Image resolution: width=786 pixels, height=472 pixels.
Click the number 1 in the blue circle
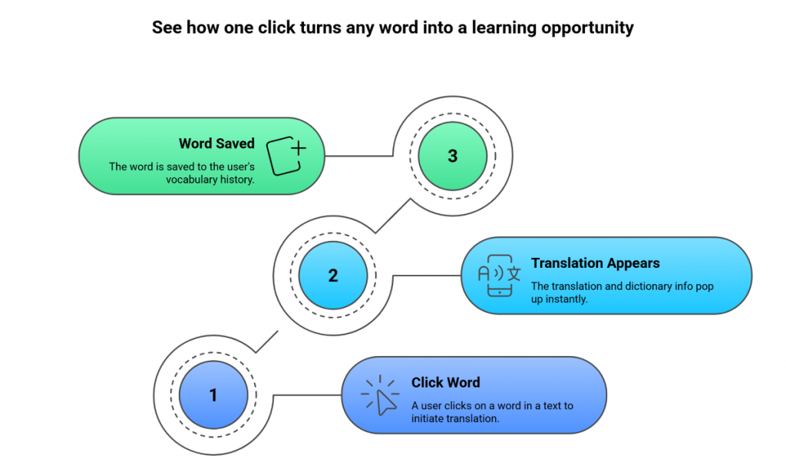coord(213,396)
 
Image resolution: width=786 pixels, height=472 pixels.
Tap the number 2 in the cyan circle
coord(333,276)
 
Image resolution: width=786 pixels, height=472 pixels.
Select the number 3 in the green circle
coord(452,156)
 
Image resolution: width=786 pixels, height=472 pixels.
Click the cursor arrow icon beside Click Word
coord(381,396)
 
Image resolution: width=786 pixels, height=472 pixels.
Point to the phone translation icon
coord(499,276)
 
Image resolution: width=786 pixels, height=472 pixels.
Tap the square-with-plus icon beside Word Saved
coord(286,156)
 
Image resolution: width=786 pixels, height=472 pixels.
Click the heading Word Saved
coord(216,144)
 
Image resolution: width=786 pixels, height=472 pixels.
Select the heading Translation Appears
coord(595,263)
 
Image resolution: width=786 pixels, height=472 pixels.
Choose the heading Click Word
coord(445,382)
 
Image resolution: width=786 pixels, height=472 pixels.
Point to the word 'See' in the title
coord(167,28)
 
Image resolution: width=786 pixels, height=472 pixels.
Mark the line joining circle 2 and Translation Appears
coord(426,276)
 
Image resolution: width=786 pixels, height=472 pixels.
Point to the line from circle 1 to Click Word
coord(307,396)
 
